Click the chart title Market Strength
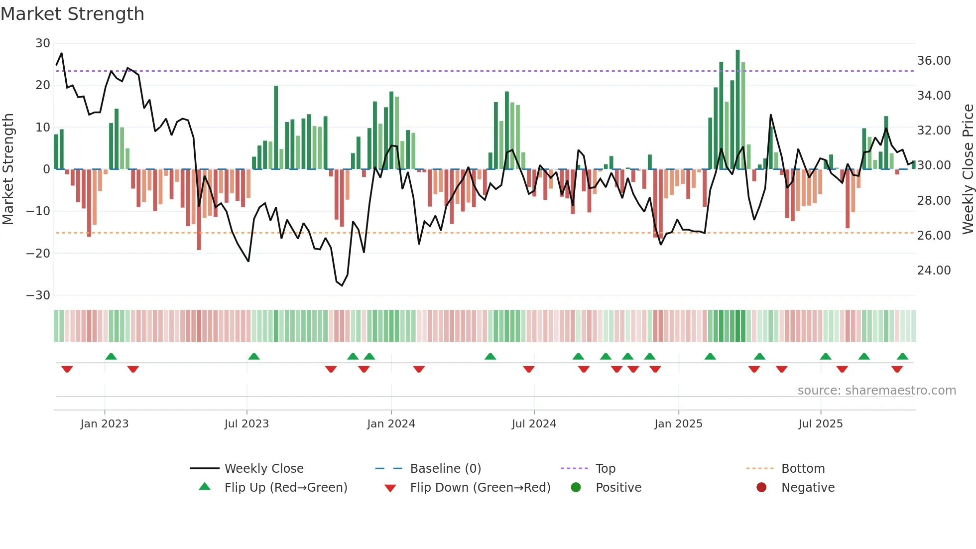(x=72, y=14)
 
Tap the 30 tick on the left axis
(x=43, y=43)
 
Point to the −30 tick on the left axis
(x=38, y=295)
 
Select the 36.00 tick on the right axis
(x=934, y=61)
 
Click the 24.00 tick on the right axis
(x=934, y=271)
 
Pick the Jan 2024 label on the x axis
(x=391, y=424)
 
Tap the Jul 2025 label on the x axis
(x=820, y=424)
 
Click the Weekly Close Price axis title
(x=968, y=169)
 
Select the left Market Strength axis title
(x=8, y=169)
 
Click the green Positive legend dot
(x=576, y=488)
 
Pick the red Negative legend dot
(x=761, y=488)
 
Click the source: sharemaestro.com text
(x=876, y=391)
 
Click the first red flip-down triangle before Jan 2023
(x=67, y=369)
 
